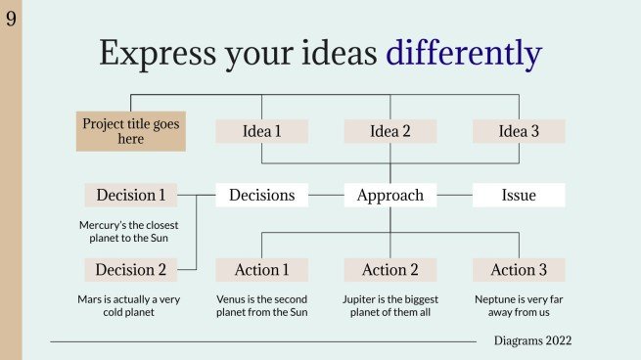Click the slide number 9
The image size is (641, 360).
click(11, 18)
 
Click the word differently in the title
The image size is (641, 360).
click(463, 53)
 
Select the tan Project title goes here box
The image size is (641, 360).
click(130, 132)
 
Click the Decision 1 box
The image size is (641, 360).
click(131, 195)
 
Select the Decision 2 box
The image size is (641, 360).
click(131, 270)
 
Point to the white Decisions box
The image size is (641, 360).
click(261, 195)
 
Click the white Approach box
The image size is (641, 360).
click(390, 195)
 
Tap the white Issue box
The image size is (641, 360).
click(519, 195)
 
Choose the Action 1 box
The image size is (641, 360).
click(261, 270)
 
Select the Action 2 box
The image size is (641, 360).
click(390, 270)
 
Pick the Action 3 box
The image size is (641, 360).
click(519, 270)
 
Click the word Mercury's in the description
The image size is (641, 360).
click(102, 224)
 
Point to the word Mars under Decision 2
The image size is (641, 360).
click(90, 299)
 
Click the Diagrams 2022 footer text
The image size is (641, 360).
click(532, 340)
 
